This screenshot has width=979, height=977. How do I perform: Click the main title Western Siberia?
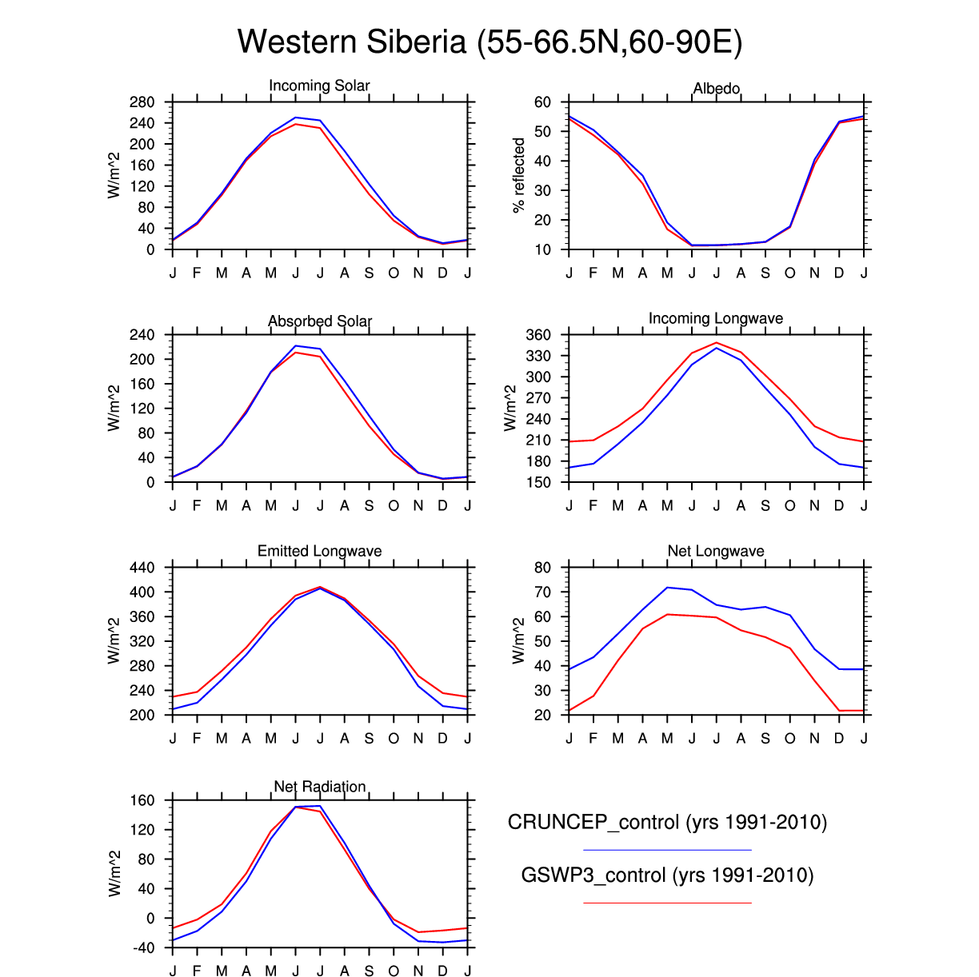click(489, 42)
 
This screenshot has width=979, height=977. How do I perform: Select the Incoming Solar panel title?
click(319, 86)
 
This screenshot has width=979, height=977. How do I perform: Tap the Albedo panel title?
click(716, 88)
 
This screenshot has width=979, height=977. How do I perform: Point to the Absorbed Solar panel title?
click(320, 321)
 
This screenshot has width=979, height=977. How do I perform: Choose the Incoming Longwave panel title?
click(716, 318)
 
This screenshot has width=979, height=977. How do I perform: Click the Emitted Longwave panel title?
click(319, 551)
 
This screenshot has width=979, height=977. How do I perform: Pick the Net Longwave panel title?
click(716, 551)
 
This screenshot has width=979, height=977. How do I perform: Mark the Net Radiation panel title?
click(320, 787)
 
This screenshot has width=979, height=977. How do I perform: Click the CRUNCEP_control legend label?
click(667, 822)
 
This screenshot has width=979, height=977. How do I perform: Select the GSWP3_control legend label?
click(667, 875)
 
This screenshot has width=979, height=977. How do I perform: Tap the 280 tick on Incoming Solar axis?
click(142, 102)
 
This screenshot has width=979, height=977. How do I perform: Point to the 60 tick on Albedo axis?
click(543, 102)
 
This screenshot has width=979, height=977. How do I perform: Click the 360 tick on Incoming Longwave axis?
click(538, 335)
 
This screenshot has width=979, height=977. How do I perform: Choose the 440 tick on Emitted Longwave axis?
click(142, 568)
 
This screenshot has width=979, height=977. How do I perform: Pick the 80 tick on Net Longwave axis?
click(543, 568)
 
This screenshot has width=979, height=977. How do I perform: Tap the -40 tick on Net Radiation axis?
click(142, 948)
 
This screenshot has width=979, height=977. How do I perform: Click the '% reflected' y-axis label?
click(519, 175)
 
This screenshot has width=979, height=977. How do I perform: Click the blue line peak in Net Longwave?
click(667, 588)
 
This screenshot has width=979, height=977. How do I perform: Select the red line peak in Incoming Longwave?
click(717, 343)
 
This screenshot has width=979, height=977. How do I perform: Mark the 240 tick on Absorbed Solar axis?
click(142, 335)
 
